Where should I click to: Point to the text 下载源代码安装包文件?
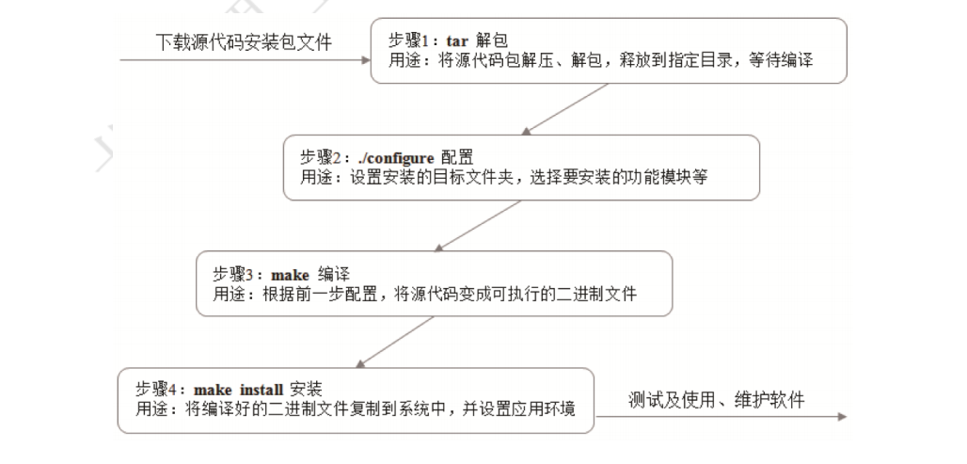click(x=244, y=42)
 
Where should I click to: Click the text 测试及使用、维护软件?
click(x=717, y=400)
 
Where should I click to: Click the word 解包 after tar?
click(x=489, y=41)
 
